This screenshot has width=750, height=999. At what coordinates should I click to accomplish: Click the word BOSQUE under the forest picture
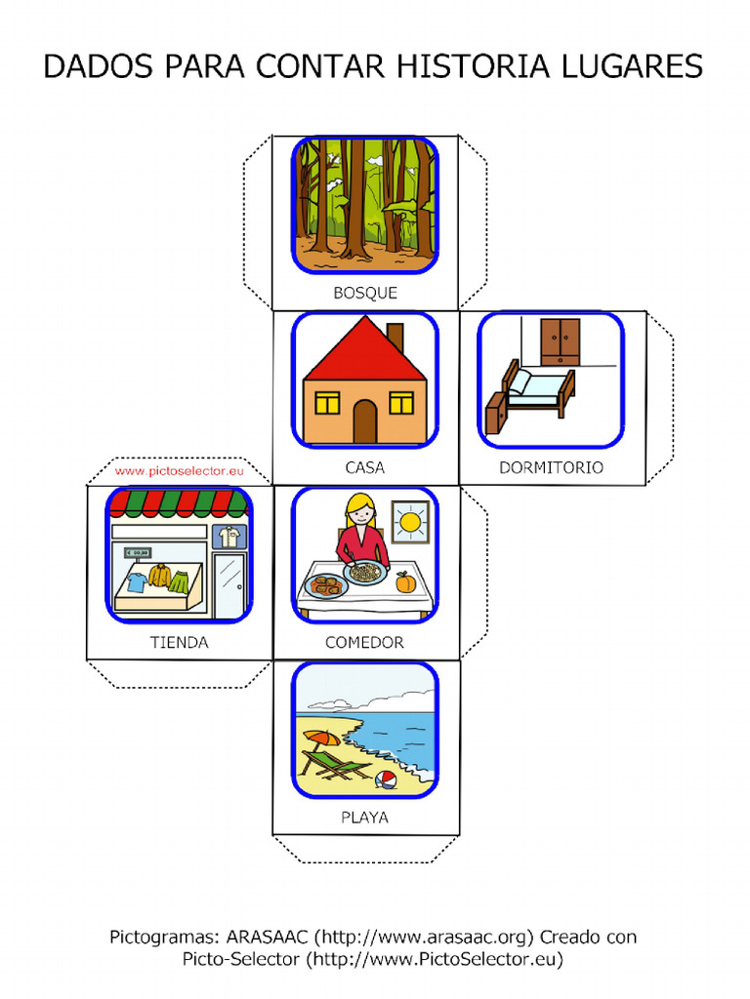click(365, 293)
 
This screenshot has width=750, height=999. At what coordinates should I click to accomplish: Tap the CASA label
click(365, 467)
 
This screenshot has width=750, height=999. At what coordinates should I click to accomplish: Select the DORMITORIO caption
click(551, 467)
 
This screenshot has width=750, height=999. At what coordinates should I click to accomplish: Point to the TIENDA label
click(179, 643)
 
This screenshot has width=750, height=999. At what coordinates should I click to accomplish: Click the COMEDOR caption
click(364, 643)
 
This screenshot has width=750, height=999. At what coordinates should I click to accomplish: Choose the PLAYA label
click(364, 818)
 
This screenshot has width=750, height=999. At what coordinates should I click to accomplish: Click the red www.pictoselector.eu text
click(178, 470)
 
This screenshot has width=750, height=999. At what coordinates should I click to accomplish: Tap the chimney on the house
click(396, 338)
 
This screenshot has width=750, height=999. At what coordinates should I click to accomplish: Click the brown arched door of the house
click(364, 420)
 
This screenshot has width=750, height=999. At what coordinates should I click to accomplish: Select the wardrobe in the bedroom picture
click(560, 341)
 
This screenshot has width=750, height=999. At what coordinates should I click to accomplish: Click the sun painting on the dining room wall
click(410, 522)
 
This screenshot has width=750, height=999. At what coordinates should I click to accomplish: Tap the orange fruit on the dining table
click(405, 582)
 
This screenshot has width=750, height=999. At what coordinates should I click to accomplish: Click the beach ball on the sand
click(386, 779)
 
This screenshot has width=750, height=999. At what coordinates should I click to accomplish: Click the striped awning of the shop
click(179, 503)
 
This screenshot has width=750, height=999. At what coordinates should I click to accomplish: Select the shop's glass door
click(229, 584)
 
